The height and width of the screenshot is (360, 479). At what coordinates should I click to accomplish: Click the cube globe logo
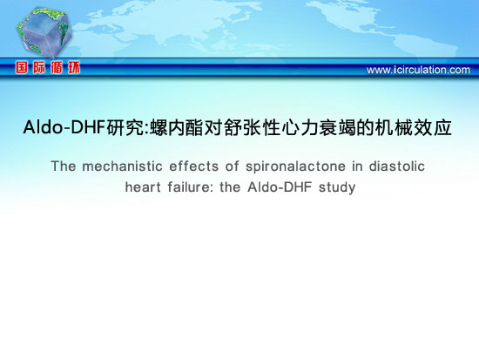point(44,32)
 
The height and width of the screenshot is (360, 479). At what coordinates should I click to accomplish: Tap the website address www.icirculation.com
point(418,70)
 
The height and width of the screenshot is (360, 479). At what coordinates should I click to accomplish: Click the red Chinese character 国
point(22,67)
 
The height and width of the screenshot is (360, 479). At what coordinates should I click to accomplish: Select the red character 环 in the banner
point(74,67)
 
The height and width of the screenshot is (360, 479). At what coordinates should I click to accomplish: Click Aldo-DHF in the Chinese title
point(64,127)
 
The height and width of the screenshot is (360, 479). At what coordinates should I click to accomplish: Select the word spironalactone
point(295,167)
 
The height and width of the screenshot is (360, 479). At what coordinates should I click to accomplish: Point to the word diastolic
point(397,166)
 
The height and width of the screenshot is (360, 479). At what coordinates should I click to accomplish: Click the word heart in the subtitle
point(143,187)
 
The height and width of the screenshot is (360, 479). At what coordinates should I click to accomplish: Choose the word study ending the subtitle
point(337,187)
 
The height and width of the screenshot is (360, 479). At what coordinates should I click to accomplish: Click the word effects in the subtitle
point(194,166)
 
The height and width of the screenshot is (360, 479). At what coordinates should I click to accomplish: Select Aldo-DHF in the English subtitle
point(280,187)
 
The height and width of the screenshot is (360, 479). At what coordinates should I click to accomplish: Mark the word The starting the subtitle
point(64,166)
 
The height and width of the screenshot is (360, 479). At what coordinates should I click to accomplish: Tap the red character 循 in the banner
point(57,67)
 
